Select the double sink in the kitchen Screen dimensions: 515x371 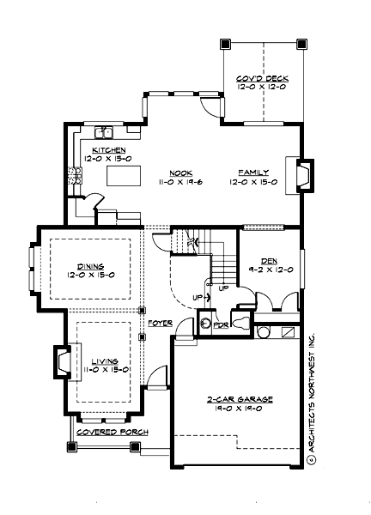pos(106,132)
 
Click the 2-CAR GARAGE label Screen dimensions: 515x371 pos(234,401)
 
